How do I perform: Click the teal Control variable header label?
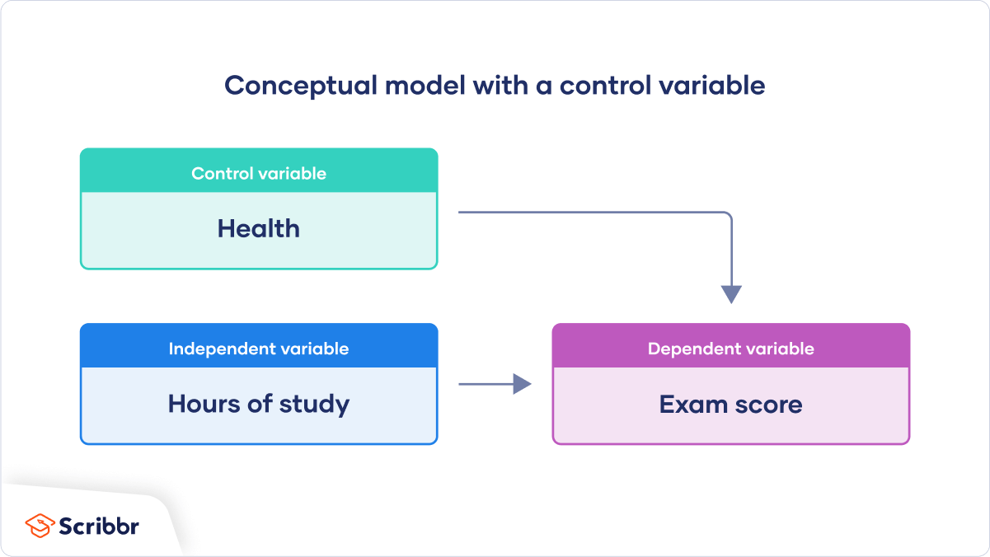[x=259, y=174]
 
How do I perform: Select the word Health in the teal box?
[x=259, y=228]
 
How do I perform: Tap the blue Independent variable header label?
[x=259, y=349]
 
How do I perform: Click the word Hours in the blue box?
[x=203, y=404]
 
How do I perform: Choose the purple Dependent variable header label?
[x=731, y=349]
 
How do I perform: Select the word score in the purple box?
[x=767, y=405]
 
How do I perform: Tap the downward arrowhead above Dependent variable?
[x=731, y=294]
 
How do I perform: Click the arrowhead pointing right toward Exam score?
[x=522, y=384]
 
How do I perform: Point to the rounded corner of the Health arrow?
[x=727, y=216]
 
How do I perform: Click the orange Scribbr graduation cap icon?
[x=40, y=526]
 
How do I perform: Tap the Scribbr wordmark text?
[x=99, y=526]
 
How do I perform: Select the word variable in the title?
[x=714, y=86]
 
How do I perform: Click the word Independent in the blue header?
[x=222, y=349]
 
